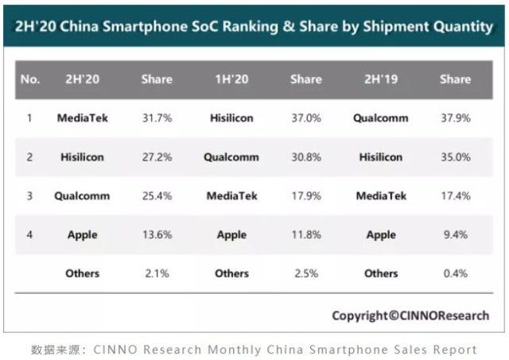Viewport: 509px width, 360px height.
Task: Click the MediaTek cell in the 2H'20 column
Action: [83, 118]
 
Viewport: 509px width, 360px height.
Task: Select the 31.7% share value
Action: [157, 118]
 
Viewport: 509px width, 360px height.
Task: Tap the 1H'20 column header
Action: [231, 79]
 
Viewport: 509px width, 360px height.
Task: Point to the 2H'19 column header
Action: [380, 79]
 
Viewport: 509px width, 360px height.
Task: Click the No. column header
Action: [29, 79]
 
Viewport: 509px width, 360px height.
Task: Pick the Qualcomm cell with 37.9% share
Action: [381, 118]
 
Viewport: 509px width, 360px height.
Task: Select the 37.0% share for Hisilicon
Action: [306, 118]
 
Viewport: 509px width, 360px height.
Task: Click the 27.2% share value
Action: [157, 157]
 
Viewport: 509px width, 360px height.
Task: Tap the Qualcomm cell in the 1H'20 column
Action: [231, 157]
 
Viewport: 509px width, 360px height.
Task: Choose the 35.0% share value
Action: [455, 157]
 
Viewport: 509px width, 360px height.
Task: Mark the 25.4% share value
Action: [157, 195]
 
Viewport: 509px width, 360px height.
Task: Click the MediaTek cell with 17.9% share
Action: [231, 195]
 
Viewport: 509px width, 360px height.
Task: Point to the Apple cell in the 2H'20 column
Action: [83, 234]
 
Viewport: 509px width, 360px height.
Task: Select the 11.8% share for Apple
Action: [306, 234]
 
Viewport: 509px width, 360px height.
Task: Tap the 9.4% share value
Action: [455, 234]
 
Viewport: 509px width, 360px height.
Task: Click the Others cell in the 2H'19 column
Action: [381, 273]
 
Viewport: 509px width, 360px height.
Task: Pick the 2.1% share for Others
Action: [157, 273]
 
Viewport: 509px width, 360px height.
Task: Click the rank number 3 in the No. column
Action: [29, 195]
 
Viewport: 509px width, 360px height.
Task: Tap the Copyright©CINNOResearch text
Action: [410, 315]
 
